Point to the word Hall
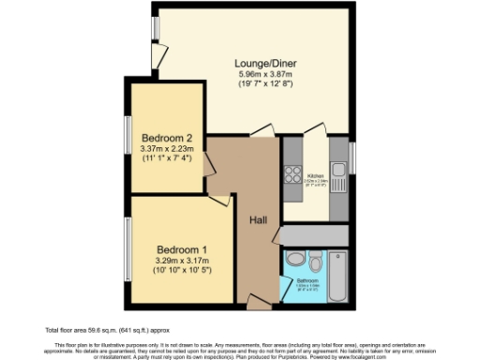261,219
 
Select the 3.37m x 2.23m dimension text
166,148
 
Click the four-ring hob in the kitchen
292,174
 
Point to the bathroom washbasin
319,255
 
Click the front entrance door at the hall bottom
257,301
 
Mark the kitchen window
352,157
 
